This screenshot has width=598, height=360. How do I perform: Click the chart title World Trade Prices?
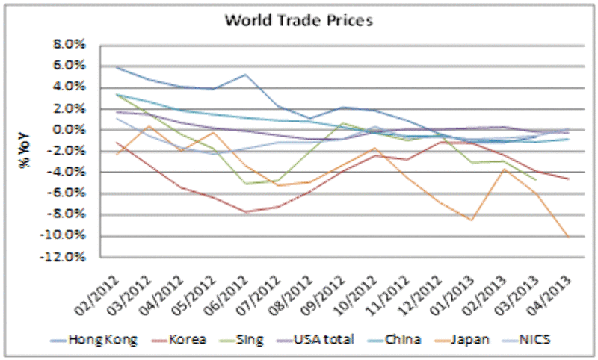tap(299, 20)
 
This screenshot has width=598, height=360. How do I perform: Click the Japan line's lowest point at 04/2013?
tap(569, 238)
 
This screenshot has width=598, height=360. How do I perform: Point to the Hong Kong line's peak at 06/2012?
tap(246, 75)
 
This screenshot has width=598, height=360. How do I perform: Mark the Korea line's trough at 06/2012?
tap(246, 212)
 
